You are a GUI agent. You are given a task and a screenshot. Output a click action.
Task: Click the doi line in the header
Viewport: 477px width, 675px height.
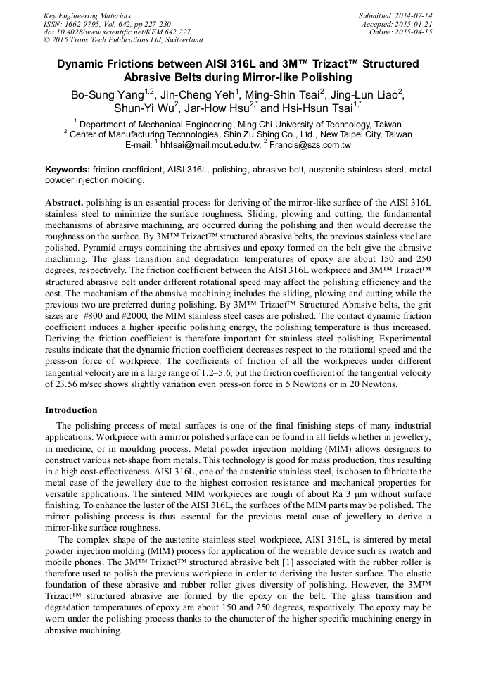117,32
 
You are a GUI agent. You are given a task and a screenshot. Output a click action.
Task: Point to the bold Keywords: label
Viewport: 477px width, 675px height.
68,170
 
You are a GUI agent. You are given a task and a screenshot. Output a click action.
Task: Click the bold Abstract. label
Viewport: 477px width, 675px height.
64,202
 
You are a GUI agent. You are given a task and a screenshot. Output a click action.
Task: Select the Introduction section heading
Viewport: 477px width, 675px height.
72,409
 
